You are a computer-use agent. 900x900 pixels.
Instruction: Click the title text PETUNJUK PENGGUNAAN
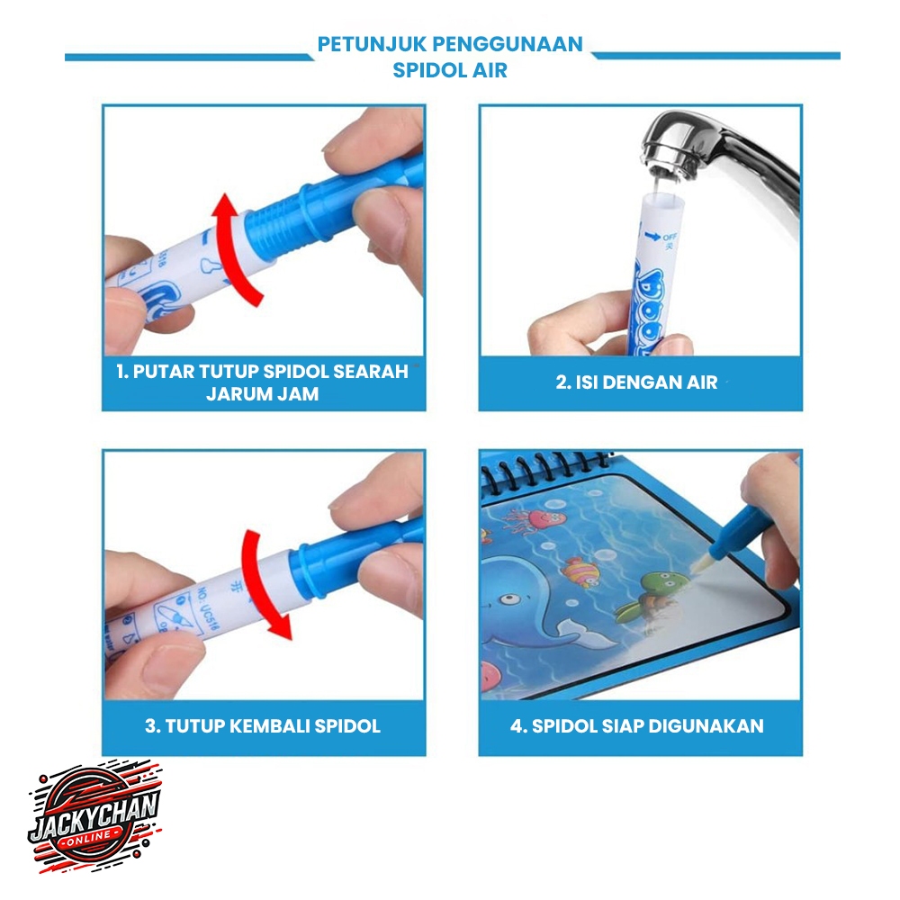(x=450, y=44)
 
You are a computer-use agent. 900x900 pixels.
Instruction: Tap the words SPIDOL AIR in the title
(x=450, y=70)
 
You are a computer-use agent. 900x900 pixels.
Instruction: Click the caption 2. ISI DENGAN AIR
(x=636, y=382)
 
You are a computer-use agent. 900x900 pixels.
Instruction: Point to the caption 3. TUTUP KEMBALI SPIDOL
(x=263, y=726)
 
